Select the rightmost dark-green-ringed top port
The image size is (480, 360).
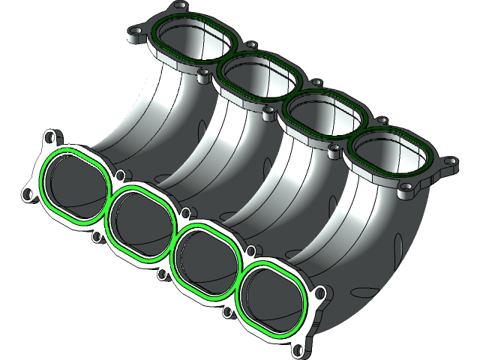tap(390, 159)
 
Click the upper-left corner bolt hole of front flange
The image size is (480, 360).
tap(50, 139)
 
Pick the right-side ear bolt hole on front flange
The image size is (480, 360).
tap(320, 293)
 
